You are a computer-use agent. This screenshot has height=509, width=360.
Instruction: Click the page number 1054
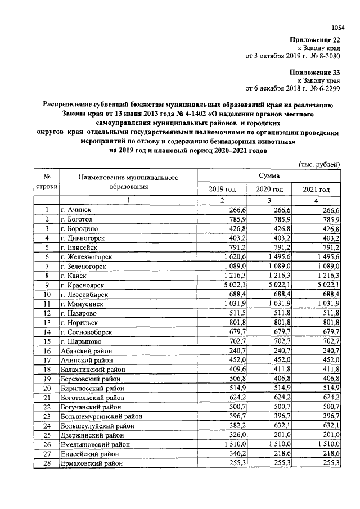337,26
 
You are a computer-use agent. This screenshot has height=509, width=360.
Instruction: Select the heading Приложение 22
315,39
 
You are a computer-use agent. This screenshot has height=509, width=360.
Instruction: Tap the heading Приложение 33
315,72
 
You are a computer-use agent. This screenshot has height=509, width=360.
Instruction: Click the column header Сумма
269,176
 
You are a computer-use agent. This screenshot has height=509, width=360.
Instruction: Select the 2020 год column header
269,190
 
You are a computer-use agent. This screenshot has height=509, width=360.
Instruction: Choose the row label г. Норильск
82,322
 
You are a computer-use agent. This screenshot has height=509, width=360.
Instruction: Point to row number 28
48,463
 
